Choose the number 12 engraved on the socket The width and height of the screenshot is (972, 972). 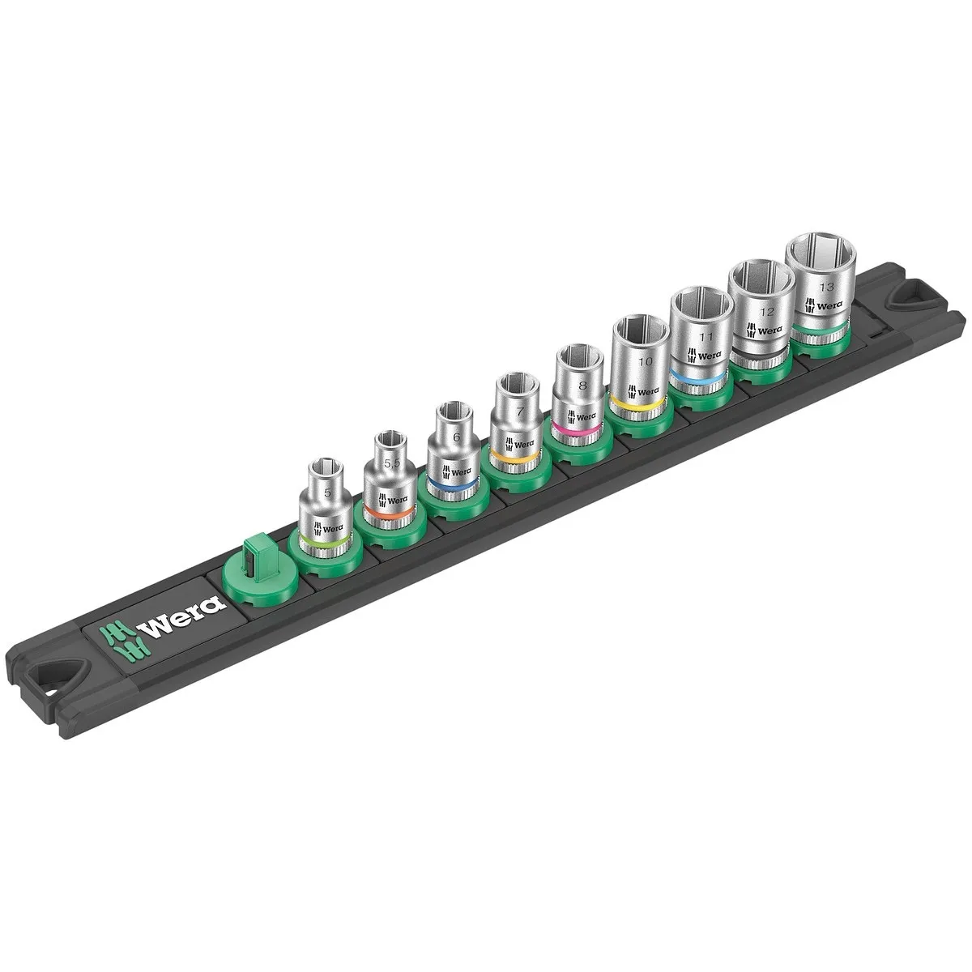767,312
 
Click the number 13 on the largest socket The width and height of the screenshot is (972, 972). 825,286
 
